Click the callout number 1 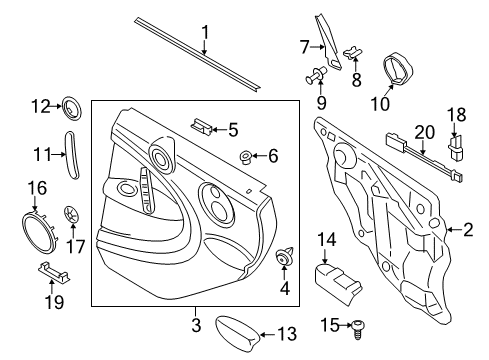(205, 34)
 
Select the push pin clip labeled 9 (316, 75)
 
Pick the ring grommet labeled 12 (72, 108)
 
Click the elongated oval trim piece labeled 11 (72, 155)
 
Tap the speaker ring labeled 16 (39, 232)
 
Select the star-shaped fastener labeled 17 (71, 215)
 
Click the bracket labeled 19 (53, 271)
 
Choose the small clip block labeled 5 (202, 126)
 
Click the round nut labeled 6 (246, 157)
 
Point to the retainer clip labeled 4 (285, 257)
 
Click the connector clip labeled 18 (455, 147)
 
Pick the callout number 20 (425, 132)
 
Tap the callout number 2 (468, 230)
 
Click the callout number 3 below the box (196, 325)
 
